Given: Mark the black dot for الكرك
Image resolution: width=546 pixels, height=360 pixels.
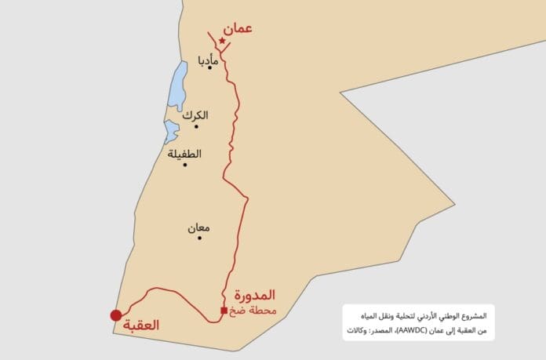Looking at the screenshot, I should click(x=196, y=126).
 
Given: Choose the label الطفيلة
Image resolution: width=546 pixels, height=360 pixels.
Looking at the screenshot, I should click(x=184, y=154).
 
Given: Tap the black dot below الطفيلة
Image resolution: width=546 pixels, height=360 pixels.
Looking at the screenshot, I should click(x=185, y=165).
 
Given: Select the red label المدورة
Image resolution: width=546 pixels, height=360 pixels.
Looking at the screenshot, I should click(x=257, y=296).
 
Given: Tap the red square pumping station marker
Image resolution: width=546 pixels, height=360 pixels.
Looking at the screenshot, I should click(x=224, y=311).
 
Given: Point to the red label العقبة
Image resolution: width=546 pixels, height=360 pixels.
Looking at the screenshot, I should click(x=147, y=325).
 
